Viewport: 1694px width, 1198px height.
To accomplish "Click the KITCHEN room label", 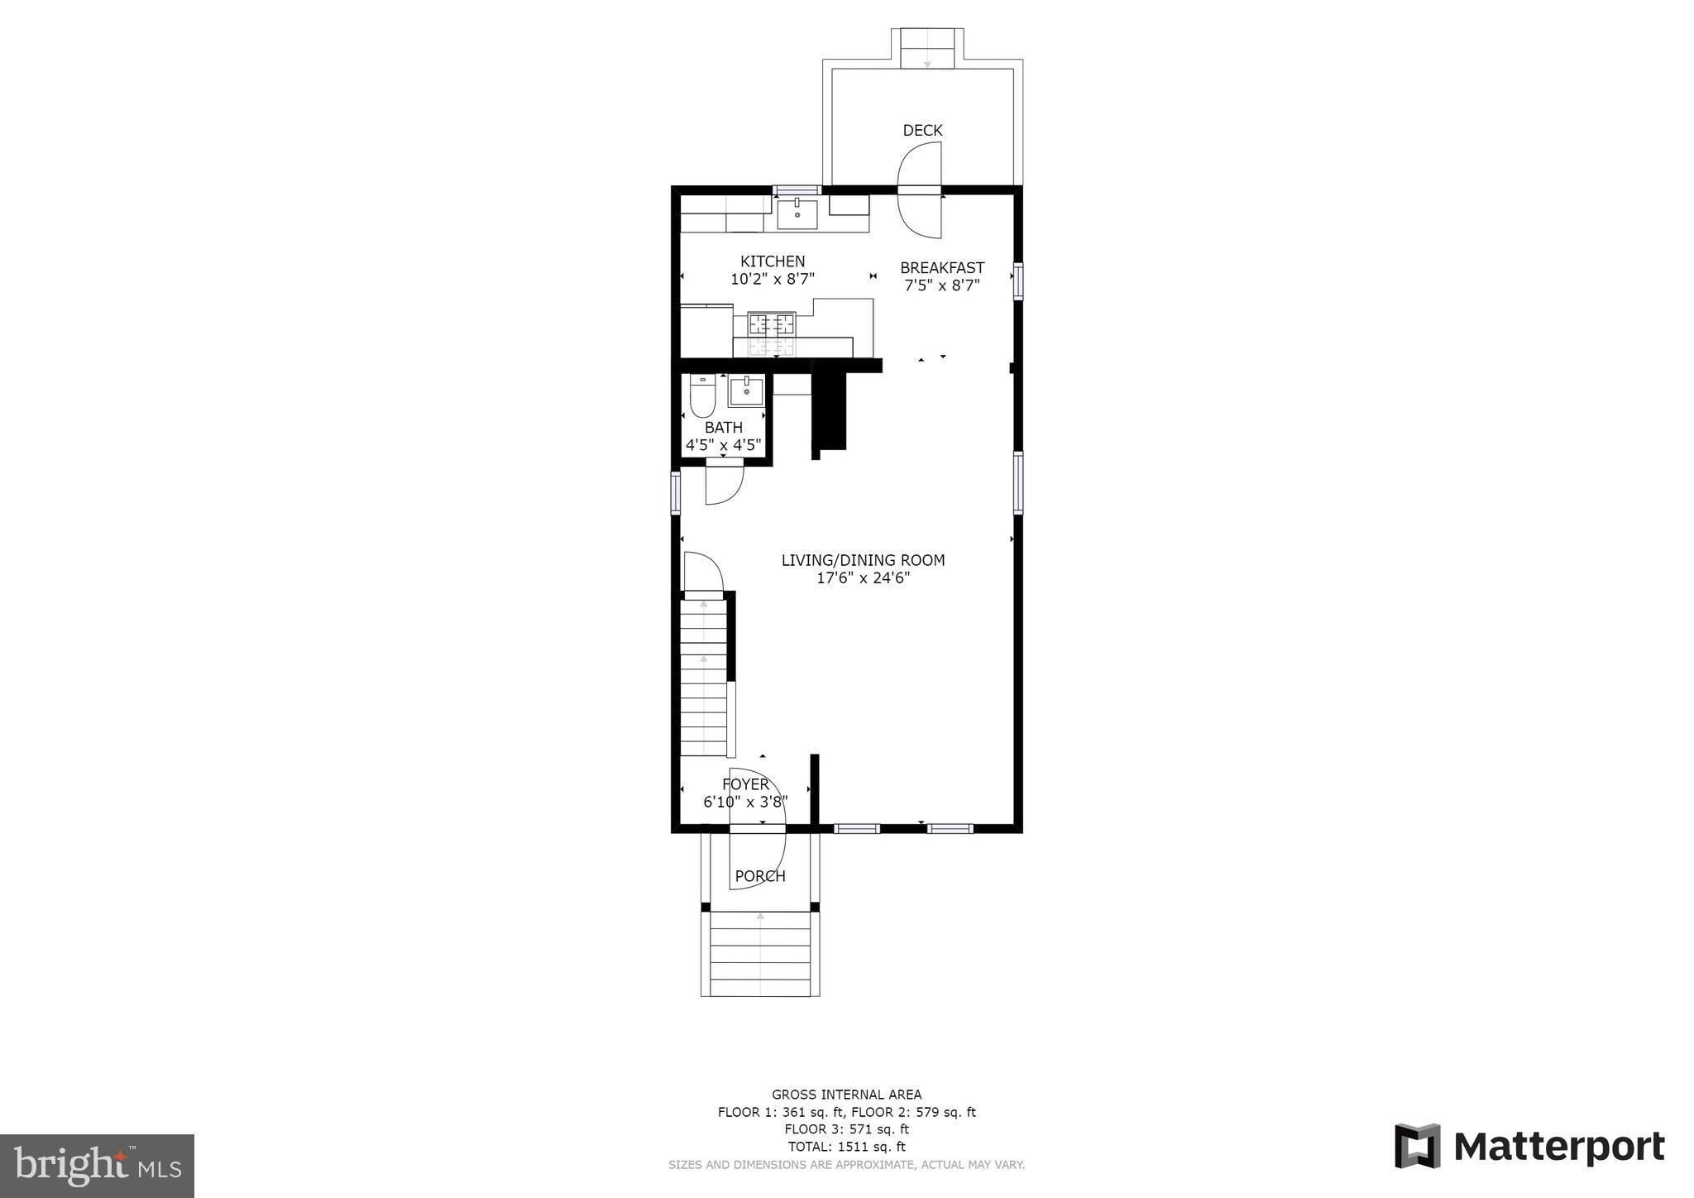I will coord(772,261).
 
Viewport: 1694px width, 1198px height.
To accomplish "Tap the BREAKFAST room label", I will coord(941,268).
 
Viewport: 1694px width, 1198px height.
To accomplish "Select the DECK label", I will coord(921,131).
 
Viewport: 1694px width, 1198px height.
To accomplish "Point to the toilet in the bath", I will coord(702,396).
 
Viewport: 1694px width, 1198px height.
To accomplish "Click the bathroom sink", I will coord(745,391).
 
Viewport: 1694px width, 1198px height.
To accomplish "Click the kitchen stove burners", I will coord(771,323).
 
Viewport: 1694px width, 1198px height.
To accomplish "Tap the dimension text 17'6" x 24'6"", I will coord(863,578).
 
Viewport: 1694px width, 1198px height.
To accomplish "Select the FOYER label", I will coord(745,784).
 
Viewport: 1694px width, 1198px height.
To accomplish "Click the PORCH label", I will coord(759,876).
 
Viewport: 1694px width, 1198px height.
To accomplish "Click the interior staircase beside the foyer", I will coord(703,678).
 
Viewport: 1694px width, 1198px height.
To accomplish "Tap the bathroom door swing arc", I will coord(724,486).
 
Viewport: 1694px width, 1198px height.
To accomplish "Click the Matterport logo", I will coord(1529,1147).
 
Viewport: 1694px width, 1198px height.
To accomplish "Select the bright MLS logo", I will coord(97,1167).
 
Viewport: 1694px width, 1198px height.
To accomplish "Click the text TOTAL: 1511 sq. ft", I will coord(846,1147).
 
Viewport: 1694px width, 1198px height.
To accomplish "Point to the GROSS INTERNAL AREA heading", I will coord(846,1095).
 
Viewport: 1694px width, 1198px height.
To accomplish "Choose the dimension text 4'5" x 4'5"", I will coord(723,445).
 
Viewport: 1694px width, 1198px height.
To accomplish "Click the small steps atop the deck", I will coord(926,49).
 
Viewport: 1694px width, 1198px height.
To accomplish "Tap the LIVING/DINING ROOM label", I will coord(863,560).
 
